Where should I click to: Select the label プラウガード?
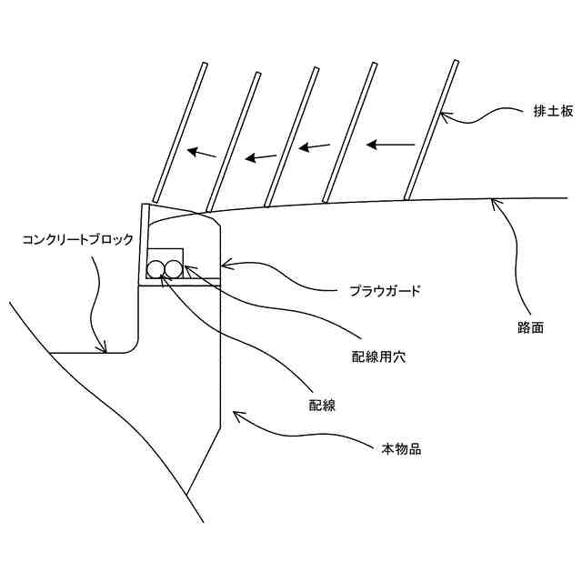tap(385, 292)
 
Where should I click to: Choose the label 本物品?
tap(401, 449)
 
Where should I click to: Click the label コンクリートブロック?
tap(78, 240)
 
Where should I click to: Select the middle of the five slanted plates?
tap(291, 136)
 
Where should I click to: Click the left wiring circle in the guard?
tap(156, 269)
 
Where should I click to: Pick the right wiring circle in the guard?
tap(173, 269)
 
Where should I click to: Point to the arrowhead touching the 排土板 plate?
tap(445, 115)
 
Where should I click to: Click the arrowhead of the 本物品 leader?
tap(237, 415)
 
